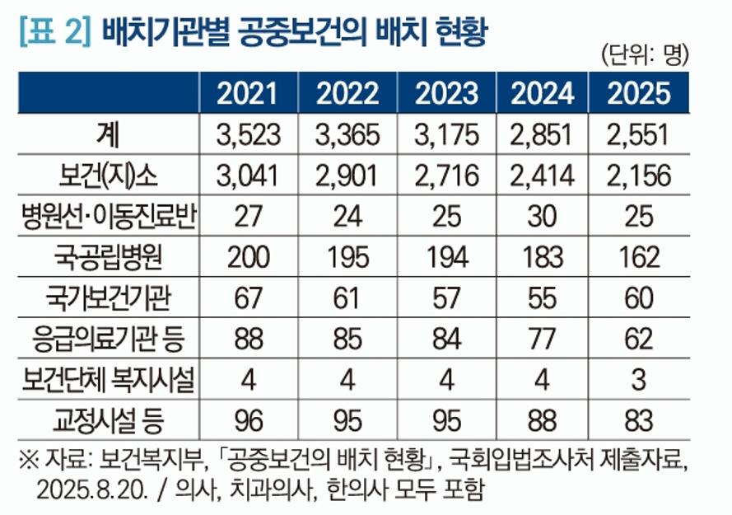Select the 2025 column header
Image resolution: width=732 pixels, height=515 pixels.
tap(639, 93)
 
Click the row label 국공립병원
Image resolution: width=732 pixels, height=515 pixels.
tap(110, 257)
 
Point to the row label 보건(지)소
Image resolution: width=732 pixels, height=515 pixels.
tap(110, 175)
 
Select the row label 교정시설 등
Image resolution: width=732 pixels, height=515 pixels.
tap(110, 421)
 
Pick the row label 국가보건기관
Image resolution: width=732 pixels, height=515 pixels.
tap(110, 297)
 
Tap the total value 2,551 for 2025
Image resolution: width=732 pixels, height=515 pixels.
tap(639, 134)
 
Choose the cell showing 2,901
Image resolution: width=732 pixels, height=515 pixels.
tap(347, 175)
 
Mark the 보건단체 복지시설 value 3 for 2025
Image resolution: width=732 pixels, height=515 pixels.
tap(639, 380)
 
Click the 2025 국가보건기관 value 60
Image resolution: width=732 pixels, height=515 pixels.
tap(639, 297)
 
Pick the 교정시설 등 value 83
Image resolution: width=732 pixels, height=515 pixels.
tap(639, 421)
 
